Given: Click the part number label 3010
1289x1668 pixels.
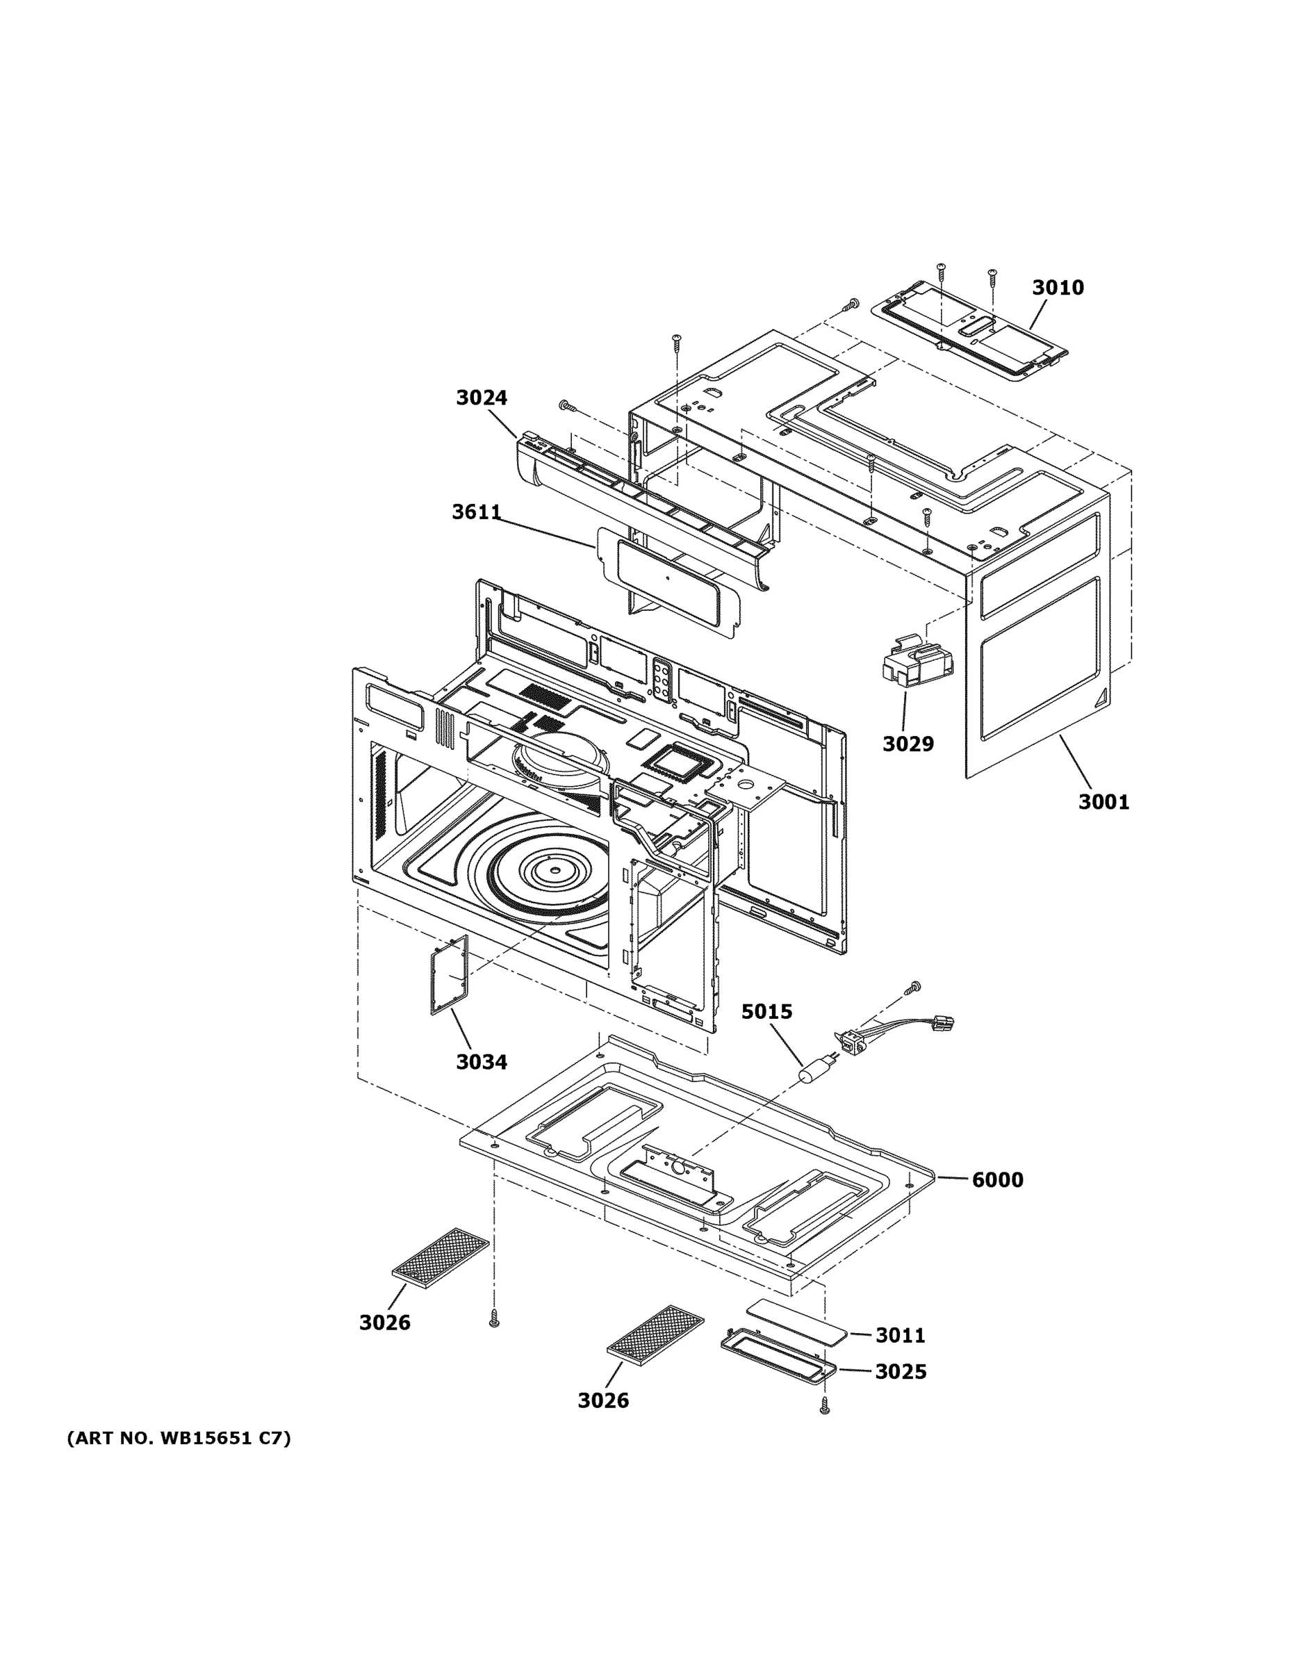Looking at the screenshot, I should point(1057,288).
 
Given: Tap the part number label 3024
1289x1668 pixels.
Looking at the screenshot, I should point(481,398).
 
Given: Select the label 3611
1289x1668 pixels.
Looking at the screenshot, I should point(476,512).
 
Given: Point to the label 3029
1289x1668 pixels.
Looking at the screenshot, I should point(908,744).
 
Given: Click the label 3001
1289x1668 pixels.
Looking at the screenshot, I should point(1103,802).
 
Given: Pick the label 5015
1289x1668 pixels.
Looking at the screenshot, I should point(766,1012).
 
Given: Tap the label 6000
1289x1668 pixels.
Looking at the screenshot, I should point(997,1180).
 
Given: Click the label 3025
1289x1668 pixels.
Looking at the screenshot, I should point(901,1373).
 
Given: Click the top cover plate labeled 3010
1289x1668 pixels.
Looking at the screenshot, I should point(970,332).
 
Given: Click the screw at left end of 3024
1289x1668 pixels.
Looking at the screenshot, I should point(566,404).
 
